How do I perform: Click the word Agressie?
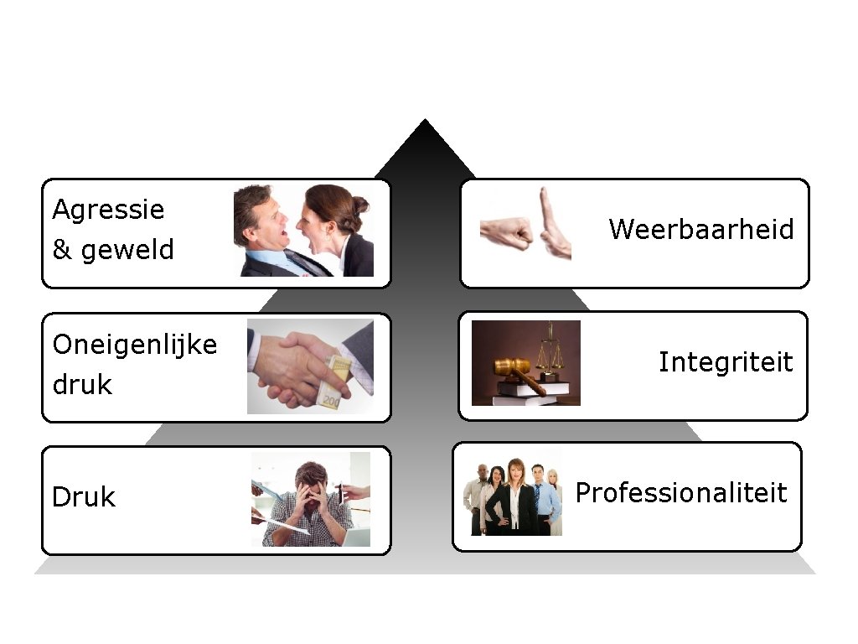pos(108,210)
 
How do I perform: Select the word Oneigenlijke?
pos(134,345)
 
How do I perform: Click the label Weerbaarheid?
pos(701,229)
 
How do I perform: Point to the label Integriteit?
pos(725,362)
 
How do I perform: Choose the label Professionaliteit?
pos(681,493)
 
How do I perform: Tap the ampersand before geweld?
pos(62,250)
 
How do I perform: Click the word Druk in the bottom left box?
pos(83,497)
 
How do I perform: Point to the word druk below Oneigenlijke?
pos(82,385)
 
